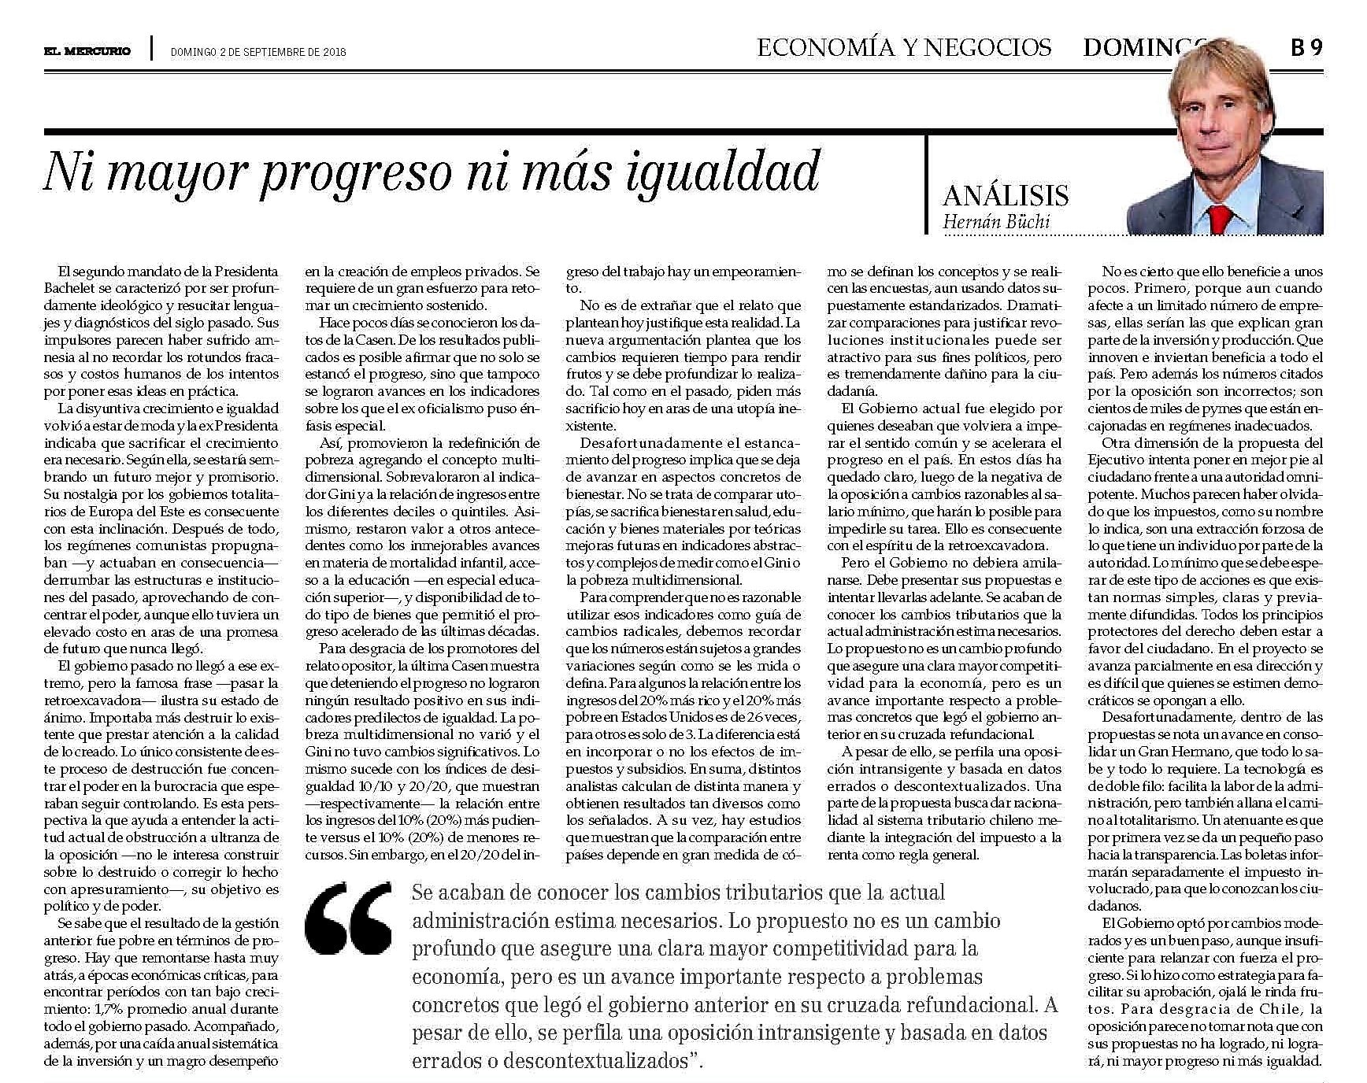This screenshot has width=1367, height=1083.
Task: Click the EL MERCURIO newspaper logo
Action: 87,52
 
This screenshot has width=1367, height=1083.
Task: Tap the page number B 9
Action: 1306,48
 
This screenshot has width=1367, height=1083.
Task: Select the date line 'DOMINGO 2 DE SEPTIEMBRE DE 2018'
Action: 258,53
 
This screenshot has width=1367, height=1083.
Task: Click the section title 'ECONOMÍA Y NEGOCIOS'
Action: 904,48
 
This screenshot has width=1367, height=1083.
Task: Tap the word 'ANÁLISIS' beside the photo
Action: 1005,195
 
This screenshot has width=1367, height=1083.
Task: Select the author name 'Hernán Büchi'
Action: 995,221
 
